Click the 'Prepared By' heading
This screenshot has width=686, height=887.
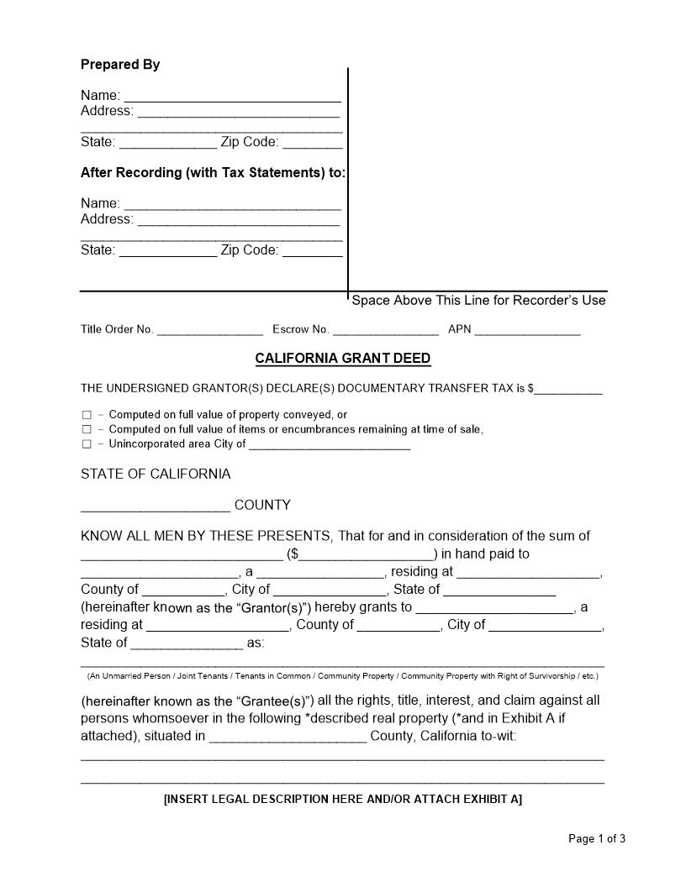point(120,65)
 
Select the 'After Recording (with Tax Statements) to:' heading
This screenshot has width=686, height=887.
point(213,173)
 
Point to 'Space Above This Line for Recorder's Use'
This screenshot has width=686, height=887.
point(478,301)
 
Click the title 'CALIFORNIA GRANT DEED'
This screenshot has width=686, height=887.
point(343,359)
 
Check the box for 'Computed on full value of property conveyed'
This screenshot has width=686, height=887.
point(87,415)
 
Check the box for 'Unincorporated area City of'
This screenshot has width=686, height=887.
point(87,444)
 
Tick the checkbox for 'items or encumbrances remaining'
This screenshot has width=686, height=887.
point(87,430)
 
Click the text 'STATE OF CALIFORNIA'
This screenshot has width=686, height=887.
point(156,475)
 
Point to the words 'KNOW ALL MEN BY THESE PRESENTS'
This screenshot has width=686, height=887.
point(206,536)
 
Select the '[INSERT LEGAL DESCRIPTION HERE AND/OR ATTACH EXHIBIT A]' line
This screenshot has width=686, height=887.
point(343,799)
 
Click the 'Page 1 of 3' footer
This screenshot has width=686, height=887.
point(597,838)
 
